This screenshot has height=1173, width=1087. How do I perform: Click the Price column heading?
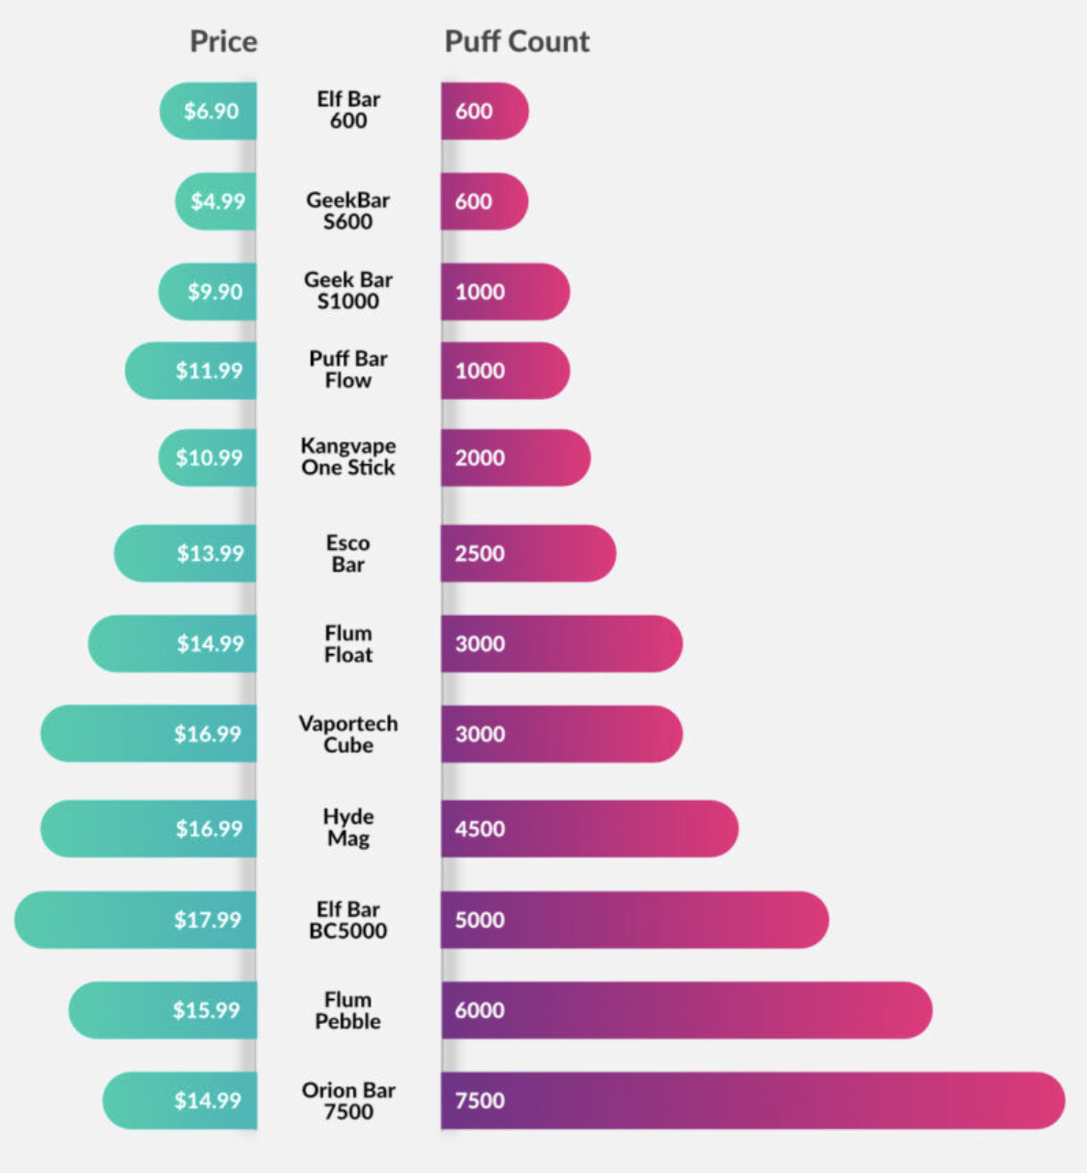coord(223,41)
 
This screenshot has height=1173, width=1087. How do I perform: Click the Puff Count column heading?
coord(517,41)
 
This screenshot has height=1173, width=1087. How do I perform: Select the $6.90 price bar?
coord(210,111)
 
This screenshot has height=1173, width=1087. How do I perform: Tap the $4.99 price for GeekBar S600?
coord(218,201)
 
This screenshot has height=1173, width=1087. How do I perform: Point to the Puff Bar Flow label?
coord(348,370)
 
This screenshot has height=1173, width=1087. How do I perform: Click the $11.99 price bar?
coord(192,371)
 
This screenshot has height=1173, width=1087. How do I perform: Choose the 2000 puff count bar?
coord(515,457)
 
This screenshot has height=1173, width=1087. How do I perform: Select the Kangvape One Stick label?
coord(348,457)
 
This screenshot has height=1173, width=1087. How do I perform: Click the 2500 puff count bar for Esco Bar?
coord(528,553)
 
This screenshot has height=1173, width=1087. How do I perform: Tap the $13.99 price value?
coord(210,553)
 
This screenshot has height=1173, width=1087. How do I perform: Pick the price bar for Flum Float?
coord(174,643)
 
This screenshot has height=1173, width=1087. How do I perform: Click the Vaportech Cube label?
coord(348,734)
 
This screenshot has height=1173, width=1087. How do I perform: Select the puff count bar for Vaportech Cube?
coord(561,734)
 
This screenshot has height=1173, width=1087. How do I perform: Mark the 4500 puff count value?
coord(480,829)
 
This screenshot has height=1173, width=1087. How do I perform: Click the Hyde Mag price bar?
coord(149,829)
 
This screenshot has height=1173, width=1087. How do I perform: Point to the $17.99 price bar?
coord(137,920)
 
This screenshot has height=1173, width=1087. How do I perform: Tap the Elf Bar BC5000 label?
coord(348,920)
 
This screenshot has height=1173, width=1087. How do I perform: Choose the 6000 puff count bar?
coord(686,1010)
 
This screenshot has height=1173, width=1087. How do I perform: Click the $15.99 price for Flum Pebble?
coord(206,1010)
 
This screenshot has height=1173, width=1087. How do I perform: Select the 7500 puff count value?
coord(480,1100)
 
